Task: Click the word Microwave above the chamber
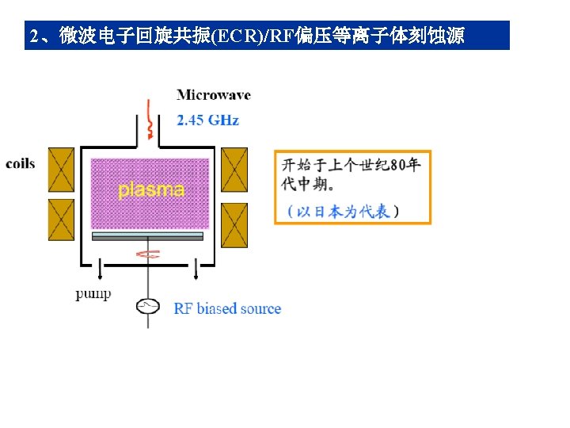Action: click(x=214, y=95)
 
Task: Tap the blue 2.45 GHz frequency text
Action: click(x=207, y=120)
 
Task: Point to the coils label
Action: click(x=21, y=164)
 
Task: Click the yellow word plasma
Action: click(x=151, y=190)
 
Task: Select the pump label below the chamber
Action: click(x=93, y=294)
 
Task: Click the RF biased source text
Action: click(x=227, y=308)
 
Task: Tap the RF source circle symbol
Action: click(x=148, y=306)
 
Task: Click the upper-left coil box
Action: click(x=62, y=170)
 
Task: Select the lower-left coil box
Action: click(x=62, y=220)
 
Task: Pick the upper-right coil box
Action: click(x=234, y=170)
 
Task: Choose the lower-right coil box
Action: click(x=234, y=225)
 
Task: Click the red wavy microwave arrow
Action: click(x=149, y=120)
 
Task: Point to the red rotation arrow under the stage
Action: click(x=148, y=254)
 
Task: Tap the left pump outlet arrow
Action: click(x=100, y=269)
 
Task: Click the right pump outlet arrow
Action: click(x=196, y=269)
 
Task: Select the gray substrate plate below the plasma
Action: click(x=147, y=236)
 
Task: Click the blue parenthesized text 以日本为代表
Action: click(x=343, y=212)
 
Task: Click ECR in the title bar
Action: click(x=237, y=36)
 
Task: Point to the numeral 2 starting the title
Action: click(x=34, y=36)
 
